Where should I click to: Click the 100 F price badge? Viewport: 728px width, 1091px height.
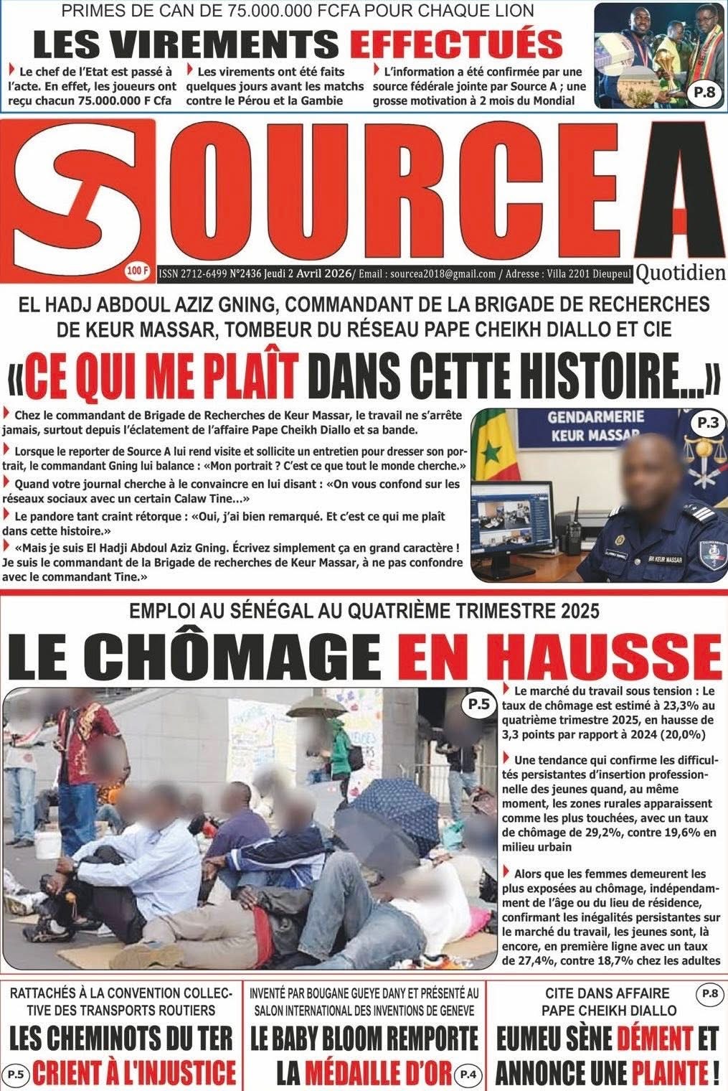tap(136, 271)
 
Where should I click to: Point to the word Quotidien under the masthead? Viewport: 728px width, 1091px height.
tap(680, 273)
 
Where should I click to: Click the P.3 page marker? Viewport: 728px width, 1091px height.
tap(707, 423)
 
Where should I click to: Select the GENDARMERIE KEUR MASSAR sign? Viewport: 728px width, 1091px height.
tap(586, 426)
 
